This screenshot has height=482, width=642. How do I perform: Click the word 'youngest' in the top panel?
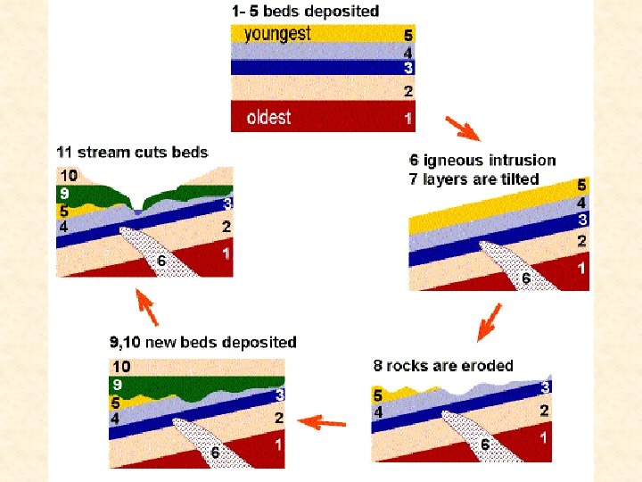tap(277, 35)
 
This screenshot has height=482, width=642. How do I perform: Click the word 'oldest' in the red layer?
tap(268, 117)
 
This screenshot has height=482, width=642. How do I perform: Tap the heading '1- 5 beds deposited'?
tap(306, 11)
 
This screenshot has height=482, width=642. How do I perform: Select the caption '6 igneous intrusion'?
tap(482, 161)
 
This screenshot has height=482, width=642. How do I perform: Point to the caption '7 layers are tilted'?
tap(473, 179)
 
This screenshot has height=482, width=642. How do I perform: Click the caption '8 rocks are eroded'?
tap(443, 365)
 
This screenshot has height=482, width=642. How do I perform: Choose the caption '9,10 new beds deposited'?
tap(203, 342)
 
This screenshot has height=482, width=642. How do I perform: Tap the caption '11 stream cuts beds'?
tap(132, 153)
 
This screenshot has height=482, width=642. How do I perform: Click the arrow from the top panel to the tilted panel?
tap(463, 129)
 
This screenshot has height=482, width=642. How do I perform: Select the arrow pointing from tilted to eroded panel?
tap(490, 322)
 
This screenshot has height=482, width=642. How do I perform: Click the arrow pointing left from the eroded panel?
tap(322, 422)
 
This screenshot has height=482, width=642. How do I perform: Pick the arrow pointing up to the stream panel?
tap(146, 307)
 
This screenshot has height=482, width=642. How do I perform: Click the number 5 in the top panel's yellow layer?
tap(407, 35)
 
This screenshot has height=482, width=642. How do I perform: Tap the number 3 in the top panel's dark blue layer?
tap(407, 67)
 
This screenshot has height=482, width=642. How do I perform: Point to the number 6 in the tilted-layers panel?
tap(526, 278)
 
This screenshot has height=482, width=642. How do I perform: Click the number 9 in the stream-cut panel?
tap(64, 193)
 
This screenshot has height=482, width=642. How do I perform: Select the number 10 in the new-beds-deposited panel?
tap(121, 367)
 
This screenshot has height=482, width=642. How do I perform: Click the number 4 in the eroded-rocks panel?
tap(378, 411)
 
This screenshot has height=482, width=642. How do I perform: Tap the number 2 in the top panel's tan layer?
tap(407, 91)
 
